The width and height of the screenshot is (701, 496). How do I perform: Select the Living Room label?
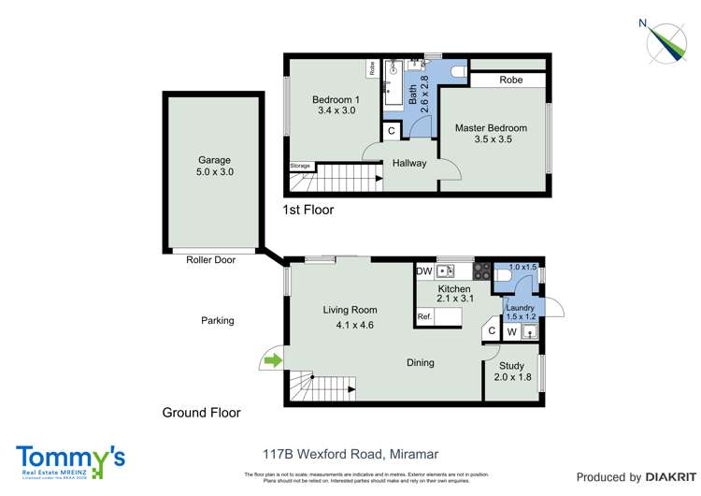pyautogui.click(x=350, y=310)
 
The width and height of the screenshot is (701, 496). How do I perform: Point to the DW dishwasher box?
pyautogui.click(x=424, y=271)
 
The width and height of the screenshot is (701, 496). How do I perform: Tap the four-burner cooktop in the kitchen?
pyautogui.click(x=482, y=271)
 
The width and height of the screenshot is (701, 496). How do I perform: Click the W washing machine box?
pyautogui.click(x=512, y=331)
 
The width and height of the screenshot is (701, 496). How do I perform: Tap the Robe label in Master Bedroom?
pyautogui.click(x=510, y=80)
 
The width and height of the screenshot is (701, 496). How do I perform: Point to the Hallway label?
pyautogui.click(x=409, y=163)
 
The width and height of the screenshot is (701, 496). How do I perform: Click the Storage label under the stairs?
pyautogui.click(x=300, y=166)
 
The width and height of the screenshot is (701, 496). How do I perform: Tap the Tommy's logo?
pyautogui.click(x=70, y=460)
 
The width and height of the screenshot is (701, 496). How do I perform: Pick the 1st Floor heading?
pyautogui.click(x=308, y=210)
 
